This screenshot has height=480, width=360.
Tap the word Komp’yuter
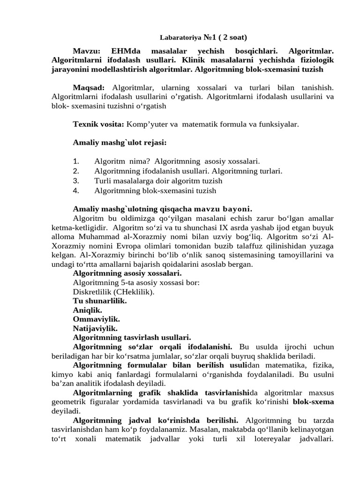tap(145, 124)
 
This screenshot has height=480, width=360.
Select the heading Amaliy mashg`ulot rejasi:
tap(120, 142)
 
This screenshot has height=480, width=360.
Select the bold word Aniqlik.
tap(88, 310)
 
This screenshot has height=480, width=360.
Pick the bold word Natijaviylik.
tap(95, 328)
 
